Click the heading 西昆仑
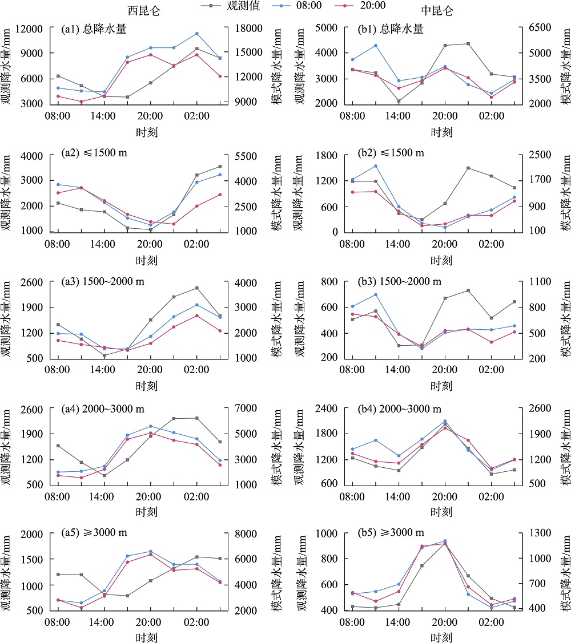143,11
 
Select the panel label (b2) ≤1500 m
386,153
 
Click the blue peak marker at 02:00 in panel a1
196,34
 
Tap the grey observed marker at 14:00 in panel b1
399,101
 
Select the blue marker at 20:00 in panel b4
445,421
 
